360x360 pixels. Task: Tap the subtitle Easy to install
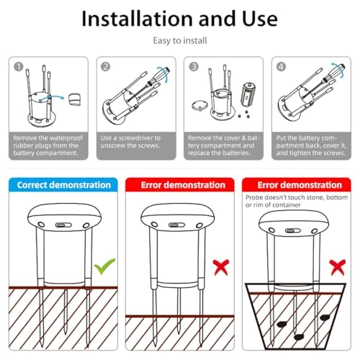(179, 42)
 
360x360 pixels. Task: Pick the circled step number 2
(105, 66)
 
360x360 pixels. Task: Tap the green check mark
(106, 268)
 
